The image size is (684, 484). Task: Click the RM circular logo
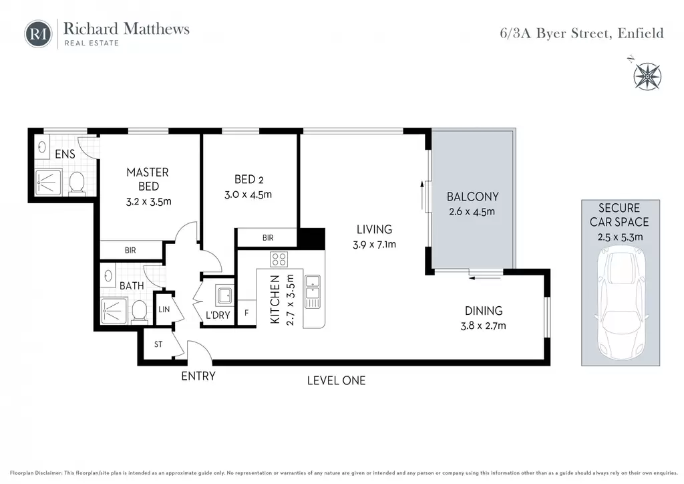[x=38, y=33]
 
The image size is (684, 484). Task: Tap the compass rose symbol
[x=647, y=76]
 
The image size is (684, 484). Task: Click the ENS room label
[x=65, y=154]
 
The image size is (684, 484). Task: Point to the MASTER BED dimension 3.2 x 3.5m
[x=149, y=202]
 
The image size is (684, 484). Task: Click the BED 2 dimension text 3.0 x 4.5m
[x=248, y=195]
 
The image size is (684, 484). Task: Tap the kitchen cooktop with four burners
[x=279, y=259]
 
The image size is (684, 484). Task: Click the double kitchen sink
[x=313, y=292]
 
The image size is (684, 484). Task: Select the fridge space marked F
[x=246, y=312]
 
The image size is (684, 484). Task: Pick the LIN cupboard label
[x=164, y=310]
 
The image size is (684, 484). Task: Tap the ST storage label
[x=158, y=344]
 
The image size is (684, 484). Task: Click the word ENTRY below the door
[x=198, y=376]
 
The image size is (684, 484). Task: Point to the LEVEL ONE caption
[x=337, y=380]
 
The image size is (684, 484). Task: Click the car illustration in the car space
[x=621, y=304]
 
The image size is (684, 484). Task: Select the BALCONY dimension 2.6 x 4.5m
[x=472, y=212]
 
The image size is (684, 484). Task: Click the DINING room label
[x=484, y=311]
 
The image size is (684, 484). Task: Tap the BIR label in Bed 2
[x=268, y=238]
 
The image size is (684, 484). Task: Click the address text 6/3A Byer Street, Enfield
[x=582, y=33]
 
